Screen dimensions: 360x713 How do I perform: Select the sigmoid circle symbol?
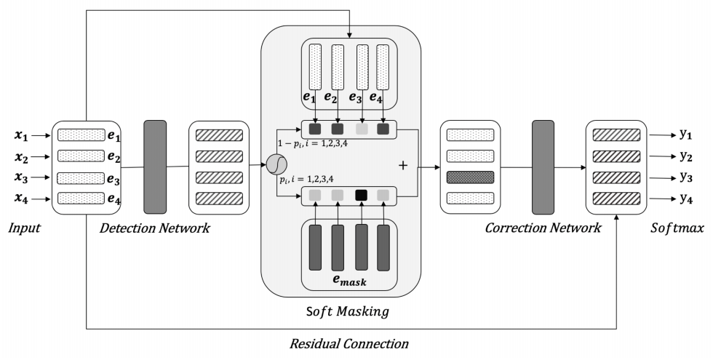tap(275, 166)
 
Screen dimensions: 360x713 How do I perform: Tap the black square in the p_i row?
tap(360, 196)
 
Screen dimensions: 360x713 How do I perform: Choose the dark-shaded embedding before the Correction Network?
tap(470, 177)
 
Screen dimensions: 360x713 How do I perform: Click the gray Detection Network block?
tap(155, 167)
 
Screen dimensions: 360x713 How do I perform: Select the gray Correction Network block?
tap(543, 167)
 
